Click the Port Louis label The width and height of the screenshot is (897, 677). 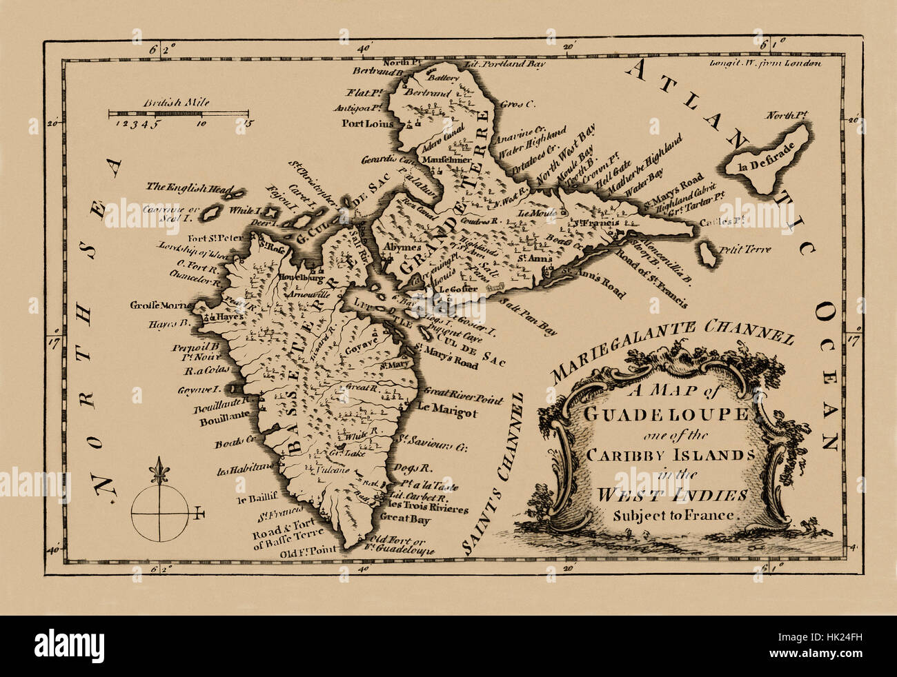click(x=366, y=124)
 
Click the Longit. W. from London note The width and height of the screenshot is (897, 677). click(x=765, y=63)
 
